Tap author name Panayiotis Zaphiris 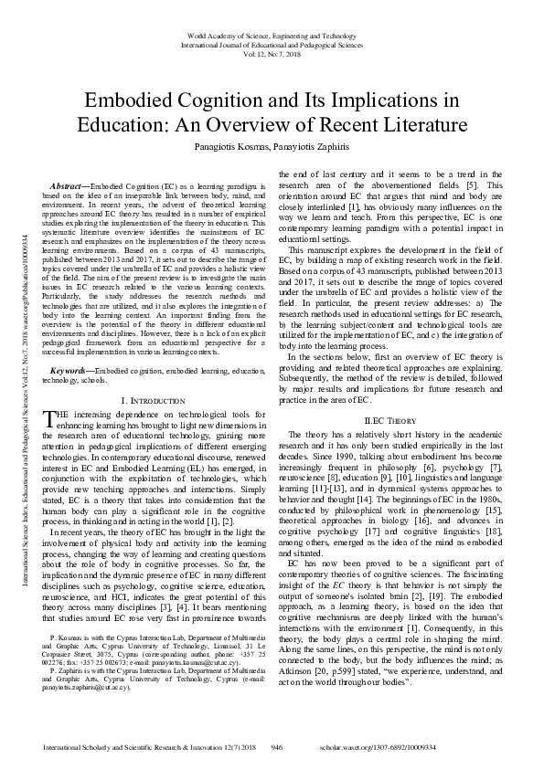point(312,145)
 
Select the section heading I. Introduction point(152,401)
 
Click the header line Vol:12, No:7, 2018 point(272,52)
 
